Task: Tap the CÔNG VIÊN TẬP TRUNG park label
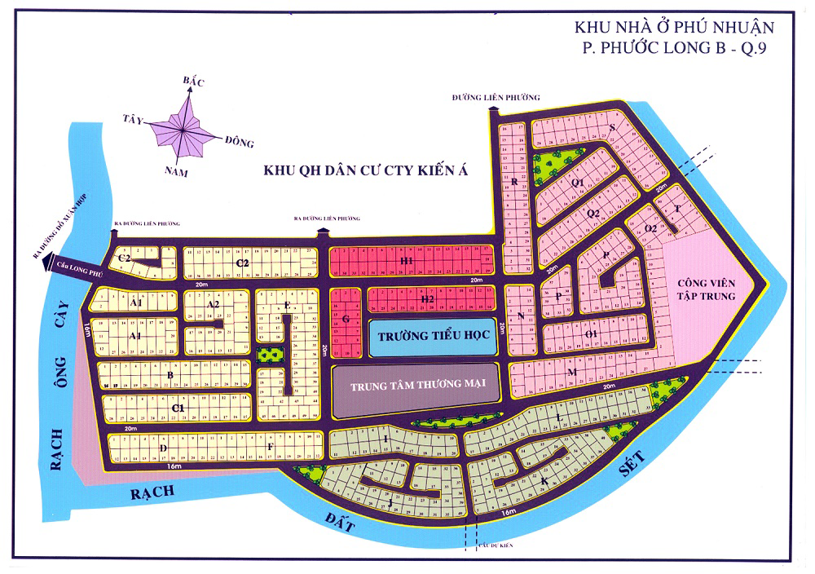[706, 289]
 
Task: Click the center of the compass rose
[187, 126]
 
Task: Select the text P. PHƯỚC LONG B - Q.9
[673, 49]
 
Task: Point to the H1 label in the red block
[407, 261]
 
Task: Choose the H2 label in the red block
[427, 299]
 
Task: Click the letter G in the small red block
[346, 320]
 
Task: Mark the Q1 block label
[579, 183]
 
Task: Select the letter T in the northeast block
[676, 209]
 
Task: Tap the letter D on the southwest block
[163, 448]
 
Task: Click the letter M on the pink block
[572, 373]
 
